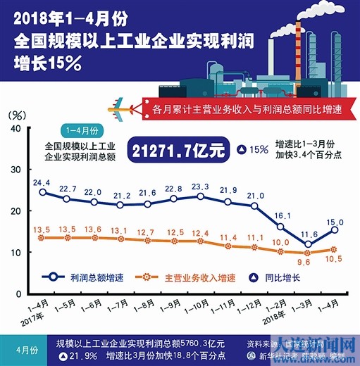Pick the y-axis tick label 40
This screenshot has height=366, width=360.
click(x=14, y=128)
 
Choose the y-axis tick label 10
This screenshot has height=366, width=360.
click(x=14, y=252)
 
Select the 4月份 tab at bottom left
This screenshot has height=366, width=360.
click(x=25, y=349)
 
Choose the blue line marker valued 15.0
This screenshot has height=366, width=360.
click(x=335, y=229)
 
